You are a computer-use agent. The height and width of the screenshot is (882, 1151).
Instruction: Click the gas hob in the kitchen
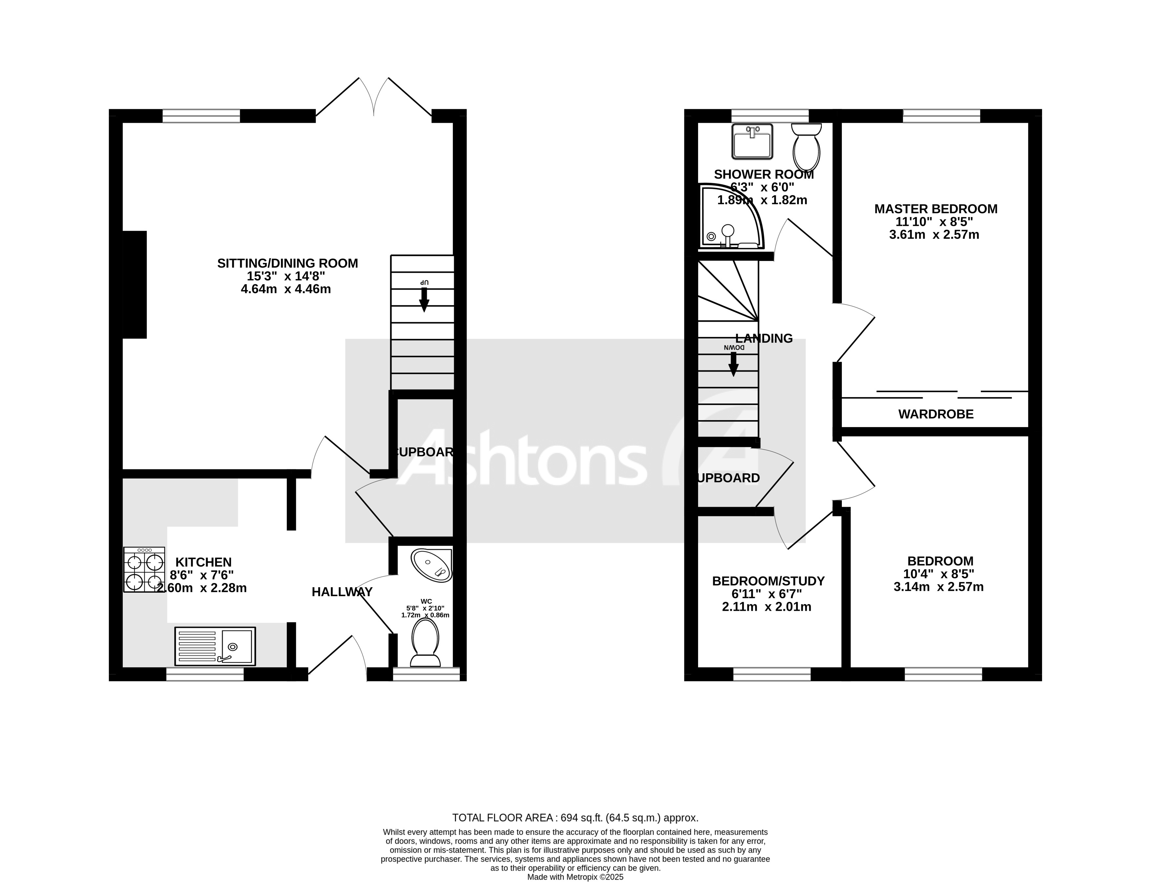(x=144, y=570)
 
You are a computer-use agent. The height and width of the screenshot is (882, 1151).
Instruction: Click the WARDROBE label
(x=936, y=414)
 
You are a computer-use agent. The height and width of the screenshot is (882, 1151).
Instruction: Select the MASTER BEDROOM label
(x=936, y=209)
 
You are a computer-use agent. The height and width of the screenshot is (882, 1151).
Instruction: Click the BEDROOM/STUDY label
(x=768, y=581)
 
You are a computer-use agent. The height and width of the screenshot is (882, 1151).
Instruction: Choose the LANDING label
(x=764, y=339)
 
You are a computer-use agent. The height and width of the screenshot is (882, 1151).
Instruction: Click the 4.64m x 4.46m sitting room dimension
(x=286, y=289)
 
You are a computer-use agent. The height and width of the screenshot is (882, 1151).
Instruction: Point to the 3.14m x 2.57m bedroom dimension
(x=938, y=587)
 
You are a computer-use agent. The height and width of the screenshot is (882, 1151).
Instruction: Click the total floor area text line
(x=575, y=817)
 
